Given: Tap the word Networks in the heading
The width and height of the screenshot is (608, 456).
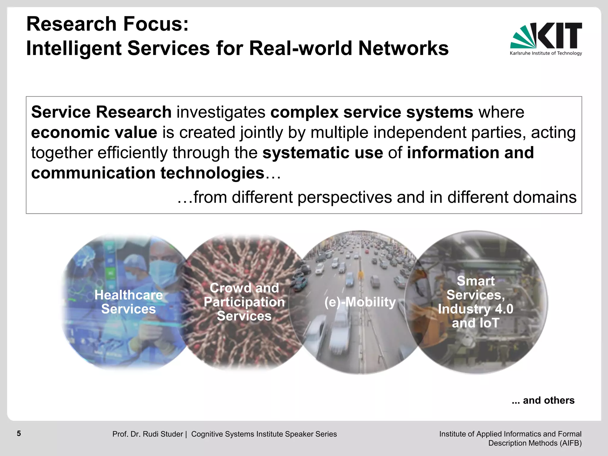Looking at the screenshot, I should pyautogui.click(x=403, y=48).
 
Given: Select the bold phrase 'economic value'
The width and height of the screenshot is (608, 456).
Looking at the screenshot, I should pyautogui.click(x=94, y=132).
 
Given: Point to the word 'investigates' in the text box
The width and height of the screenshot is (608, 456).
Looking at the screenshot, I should pyautogui.click(x=221, y=112).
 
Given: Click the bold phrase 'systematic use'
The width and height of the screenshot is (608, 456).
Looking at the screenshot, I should pyautogui.click(x=322, y=153).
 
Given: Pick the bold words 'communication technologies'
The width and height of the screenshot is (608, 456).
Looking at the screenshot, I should pyautogui.click(x=148, y=173).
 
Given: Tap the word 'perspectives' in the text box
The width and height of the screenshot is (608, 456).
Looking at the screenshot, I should pyautogui.click(x=344, y=197).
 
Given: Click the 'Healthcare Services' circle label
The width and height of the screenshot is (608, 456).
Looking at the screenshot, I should pyautogui.click(x=129, y=302).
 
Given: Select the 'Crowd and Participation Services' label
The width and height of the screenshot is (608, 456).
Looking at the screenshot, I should pyautogui.click(x=244, y=302).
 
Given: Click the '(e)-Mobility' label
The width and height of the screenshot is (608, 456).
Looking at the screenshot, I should pyautogui.click(x=360, y=302).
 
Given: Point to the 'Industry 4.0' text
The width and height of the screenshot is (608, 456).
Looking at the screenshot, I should pyautogui.click(x=476, y=309).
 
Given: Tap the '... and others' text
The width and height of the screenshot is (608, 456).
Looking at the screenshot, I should pyautogui.click(x=543, y=400).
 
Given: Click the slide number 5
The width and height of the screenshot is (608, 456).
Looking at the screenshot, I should pyautogui.click(x=19, y=433).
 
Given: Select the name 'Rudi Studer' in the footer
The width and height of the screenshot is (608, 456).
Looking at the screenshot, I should pyautogui.click(x=163, y=434).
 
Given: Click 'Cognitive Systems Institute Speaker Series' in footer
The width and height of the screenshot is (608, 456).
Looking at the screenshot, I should pyautogui.click(x=264, y=434).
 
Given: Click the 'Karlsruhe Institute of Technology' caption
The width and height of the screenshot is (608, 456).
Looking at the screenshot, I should pyautogui.click(x=546, y=53).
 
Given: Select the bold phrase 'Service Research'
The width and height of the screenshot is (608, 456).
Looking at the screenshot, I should pyautogui.click(x=101, y=112).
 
